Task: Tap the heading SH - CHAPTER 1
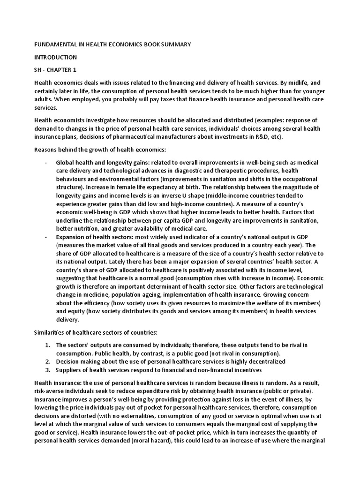tap(55, 70)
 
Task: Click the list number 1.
tap(47, 345)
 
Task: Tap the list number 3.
tap(47, 370)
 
